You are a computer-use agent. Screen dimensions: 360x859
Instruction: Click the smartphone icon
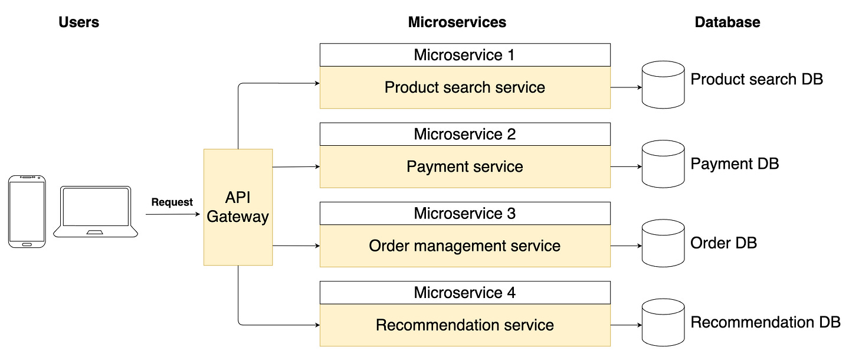27,211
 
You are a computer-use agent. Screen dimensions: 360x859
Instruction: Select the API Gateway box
238,207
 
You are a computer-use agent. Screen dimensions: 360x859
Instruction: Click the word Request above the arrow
172,202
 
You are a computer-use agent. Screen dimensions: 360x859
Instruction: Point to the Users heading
79,22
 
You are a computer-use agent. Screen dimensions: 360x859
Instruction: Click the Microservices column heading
457,22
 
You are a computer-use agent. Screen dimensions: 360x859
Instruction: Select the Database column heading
727,22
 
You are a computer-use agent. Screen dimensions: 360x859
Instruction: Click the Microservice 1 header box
464,55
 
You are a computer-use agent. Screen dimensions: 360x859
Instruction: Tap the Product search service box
464,88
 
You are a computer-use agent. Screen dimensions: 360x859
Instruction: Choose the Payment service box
464,167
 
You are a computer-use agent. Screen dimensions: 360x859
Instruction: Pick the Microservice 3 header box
464,213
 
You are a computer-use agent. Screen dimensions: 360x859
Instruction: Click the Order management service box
464,246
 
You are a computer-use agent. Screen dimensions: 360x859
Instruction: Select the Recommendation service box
464,325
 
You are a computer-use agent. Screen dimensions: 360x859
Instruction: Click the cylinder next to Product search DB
663,87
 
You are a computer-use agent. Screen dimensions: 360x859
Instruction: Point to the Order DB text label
723,243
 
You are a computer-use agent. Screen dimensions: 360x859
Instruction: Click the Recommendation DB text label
765,322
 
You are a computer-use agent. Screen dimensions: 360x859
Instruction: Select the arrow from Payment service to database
625,167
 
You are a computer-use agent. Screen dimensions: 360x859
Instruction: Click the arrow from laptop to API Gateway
172,214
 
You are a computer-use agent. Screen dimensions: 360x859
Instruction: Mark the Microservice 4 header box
464,292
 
